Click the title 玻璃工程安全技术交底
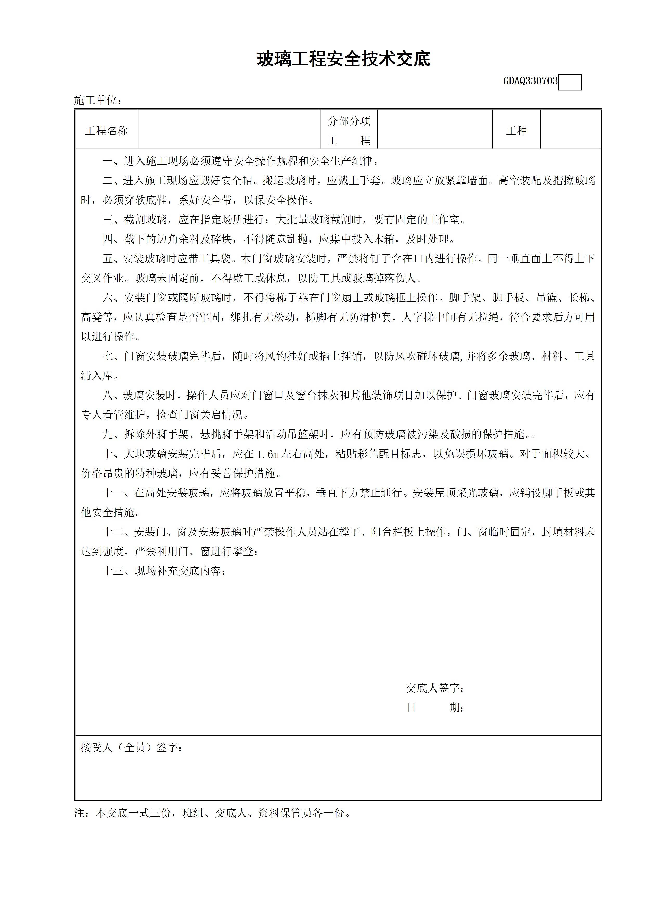tap(343, 60)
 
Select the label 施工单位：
tap(98, 100)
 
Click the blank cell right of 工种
tap(570, 130)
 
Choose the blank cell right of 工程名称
tap(229, 130)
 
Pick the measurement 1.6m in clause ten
tap(267, 454)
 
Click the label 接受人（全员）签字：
tap(132, 747)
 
